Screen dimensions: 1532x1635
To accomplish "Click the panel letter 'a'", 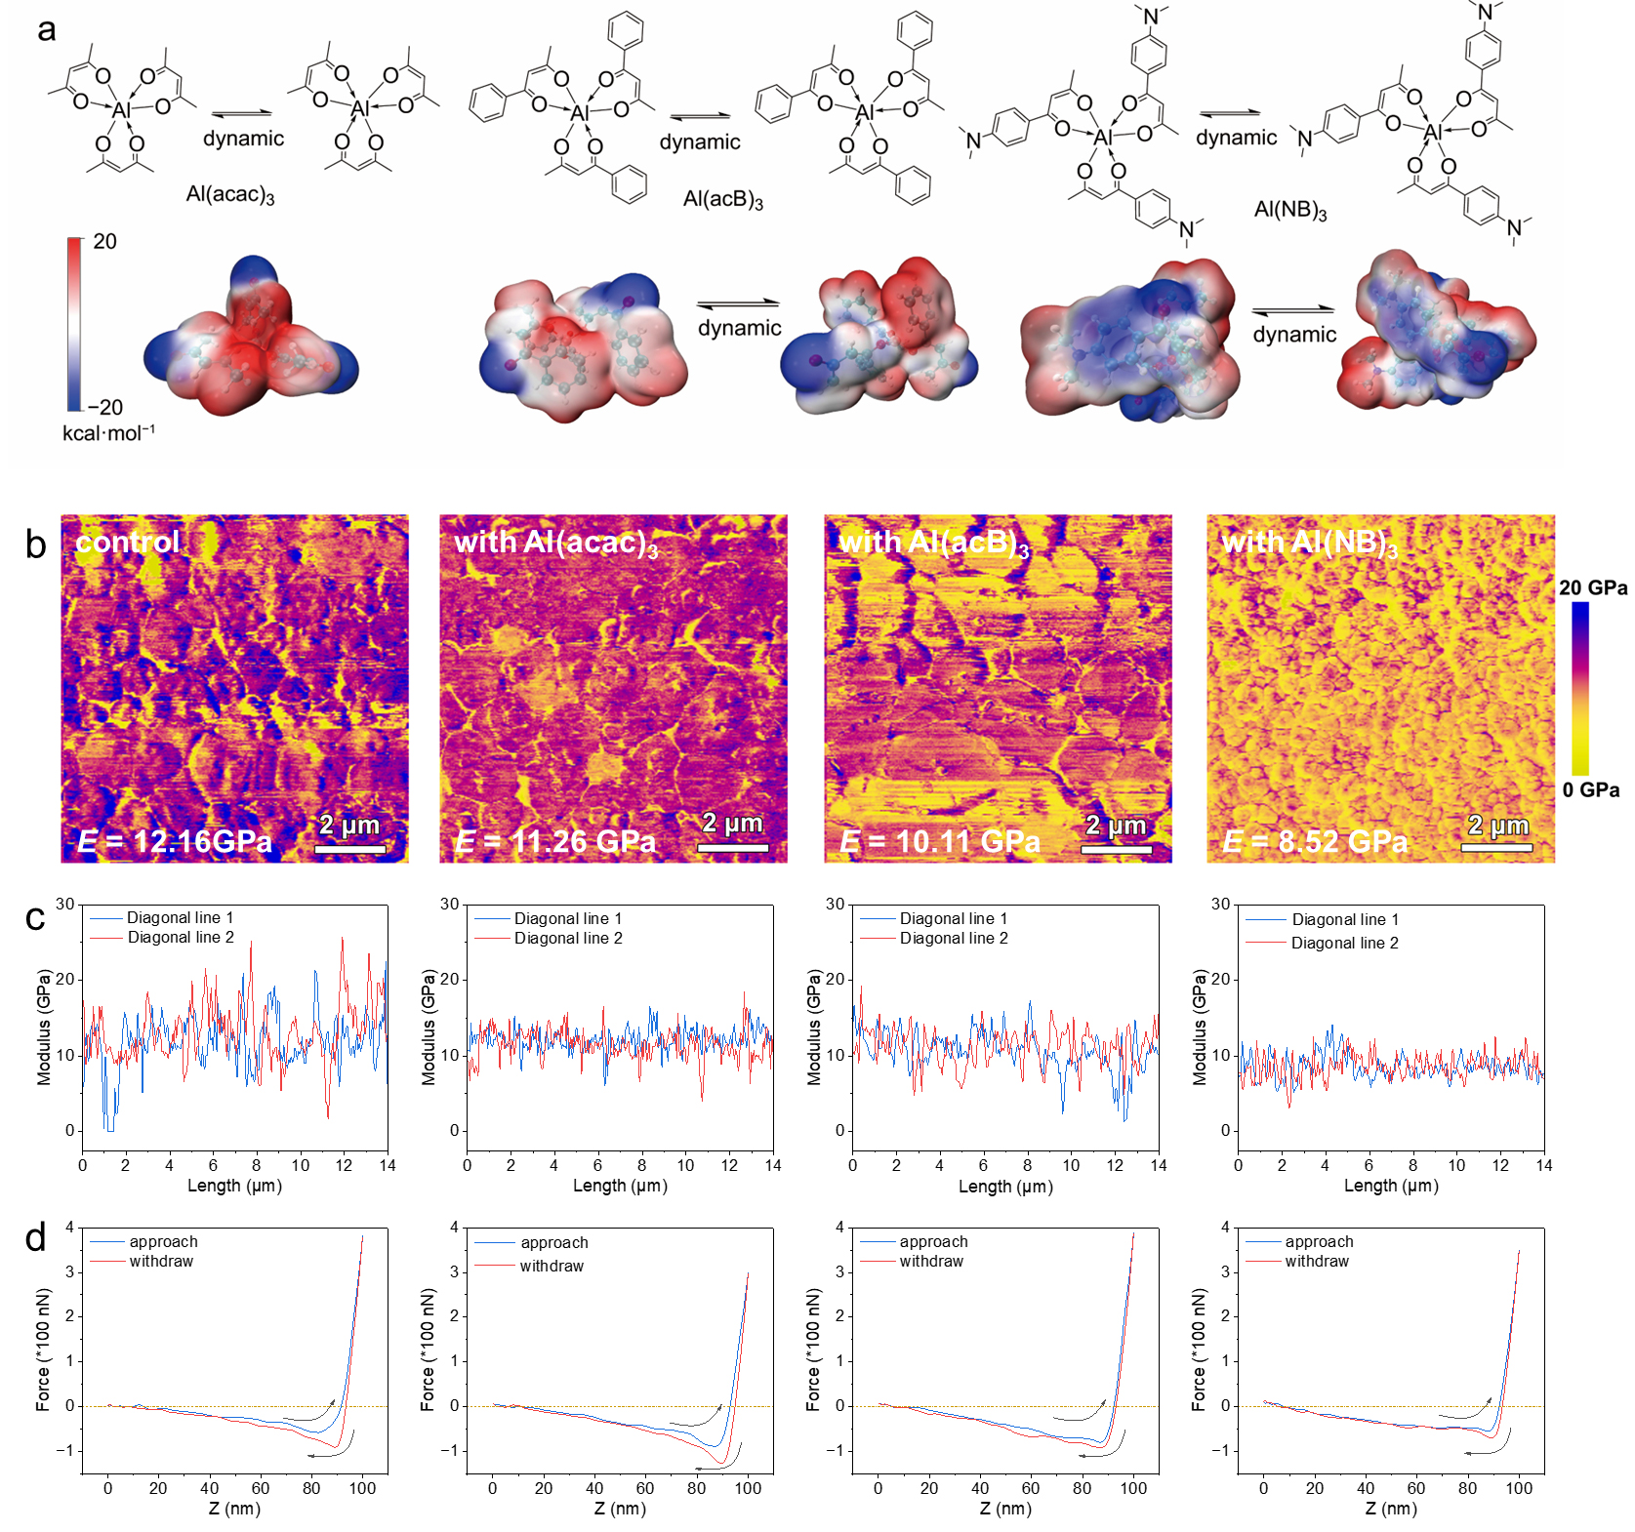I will (46, 30).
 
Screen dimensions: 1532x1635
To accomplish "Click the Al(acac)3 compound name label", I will (230, 194).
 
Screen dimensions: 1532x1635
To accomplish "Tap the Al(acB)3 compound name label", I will (722, 200).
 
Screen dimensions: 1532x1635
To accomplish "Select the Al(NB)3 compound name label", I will (1289, 210).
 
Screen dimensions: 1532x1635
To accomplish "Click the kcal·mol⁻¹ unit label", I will (108, 432).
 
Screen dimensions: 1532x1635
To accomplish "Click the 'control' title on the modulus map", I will (128, 542).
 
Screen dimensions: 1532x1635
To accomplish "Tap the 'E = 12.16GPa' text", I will (175, 841).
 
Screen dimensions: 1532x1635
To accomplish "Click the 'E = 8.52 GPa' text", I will (1315, 841).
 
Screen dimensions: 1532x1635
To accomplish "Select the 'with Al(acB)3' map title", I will (933, 543).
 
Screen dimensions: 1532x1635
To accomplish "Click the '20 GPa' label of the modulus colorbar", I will (1592, 587).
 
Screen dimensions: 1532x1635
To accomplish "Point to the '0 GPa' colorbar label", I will (1590, 789).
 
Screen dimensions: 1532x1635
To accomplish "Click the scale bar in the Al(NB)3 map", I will (1496, 847).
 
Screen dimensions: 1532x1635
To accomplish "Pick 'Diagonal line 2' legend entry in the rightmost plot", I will (1344, 943).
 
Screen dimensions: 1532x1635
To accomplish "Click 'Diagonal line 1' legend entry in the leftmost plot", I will (180, 917).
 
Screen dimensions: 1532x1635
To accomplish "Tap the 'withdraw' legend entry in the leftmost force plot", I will (161, 1261).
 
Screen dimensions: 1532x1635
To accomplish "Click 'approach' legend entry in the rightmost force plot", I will (1319, 1241).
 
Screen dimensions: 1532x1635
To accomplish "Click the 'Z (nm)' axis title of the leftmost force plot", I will (234, 1508).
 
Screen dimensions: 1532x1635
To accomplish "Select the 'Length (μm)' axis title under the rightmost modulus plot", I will (1391, 1185).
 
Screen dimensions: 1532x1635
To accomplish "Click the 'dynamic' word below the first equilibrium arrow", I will (243, 139).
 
